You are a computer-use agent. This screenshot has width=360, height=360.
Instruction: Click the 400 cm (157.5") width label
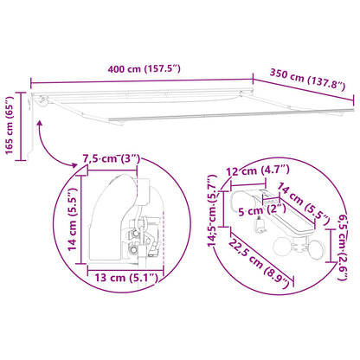(144, 69)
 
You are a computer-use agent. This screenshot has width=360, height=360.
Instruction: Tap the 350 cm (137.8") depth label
(307, 80)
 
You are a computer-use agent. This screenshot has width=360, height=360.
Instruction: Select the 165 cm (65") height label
(10, 125)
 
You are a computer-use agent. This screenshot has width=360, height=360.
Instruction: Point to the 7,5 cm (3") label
(112, 159)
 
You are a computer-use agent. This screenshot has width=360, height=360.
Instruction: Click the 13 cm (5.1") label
(126, 278)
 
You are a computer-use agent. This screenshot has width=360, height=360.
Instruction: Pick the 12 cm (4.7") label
(258, 170)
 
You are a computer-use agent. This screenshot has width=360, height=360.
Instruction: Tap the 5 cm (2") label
(262, 210)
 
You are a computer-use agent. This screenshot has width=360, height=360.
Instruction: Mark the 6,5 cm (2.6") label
(343, 247)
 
